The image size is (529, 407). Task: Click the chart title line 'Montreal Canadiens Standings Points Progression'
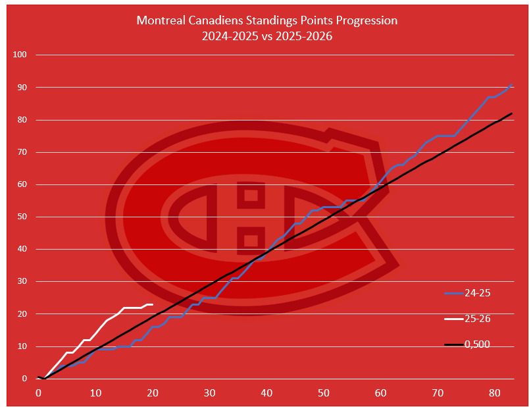266,20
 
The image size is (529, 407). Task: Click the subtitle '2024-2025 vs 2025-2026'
266,36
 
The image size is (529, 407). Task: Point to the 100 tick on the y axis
19,55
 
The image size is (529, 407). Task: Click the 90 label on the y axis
21,87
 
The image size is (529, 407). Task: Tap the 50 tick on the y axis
21,217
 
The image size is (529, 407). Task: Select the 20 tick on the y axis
21,314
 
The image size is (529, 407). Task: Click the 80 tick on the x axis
495,393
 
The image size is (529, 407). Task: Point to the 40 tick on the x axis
266,393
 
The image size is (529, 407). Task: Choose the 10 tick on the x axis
95,393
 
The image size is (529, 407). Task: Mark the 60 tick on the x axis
381,393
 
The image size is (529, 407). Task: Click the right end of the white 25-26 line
153,304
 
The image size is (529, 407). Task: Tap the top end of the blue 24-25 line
512,84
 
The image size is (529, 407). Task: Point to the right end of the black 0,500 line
512,113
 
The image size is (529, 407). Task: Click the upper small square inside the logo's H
251,195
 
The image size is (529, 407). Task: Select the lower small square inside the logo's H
251,240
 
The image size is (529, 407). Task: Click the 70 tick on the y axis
21,152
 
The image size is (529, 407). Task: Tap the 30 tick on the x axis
209,393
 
